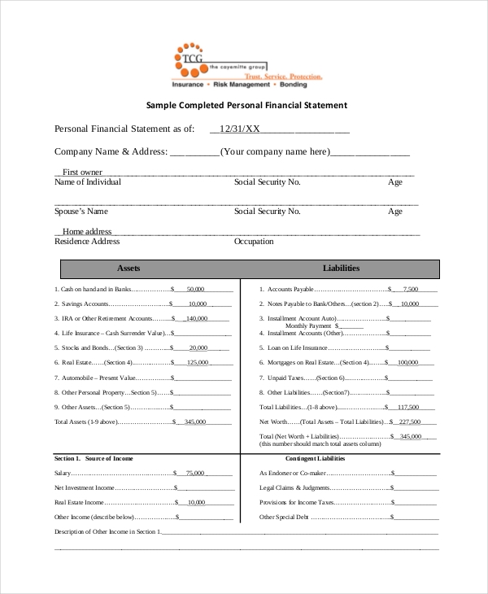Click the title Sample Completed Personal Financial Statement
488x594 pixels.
click(246, 105)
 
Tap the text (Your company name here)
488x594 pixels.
click(275, 151)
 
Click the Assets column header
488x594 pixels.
click(129, 268)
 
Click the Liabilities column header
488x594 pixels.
click(341, 268)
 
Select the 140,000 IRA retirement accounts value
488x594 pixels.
click(197, 318)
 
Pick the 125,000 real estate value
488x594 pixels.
click(198, 363)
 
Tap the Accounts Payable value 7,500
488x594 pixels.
click(410, 289)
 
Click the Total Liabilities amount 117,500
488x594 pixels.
click(408, 407)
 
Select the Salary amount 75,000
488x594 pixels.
click(195, 473)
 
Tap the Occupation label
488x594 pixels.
click(254, 242)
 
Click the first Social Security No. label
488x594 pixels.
click(267, 182)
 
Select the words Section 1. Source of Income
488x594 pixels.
click(93, 459)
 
